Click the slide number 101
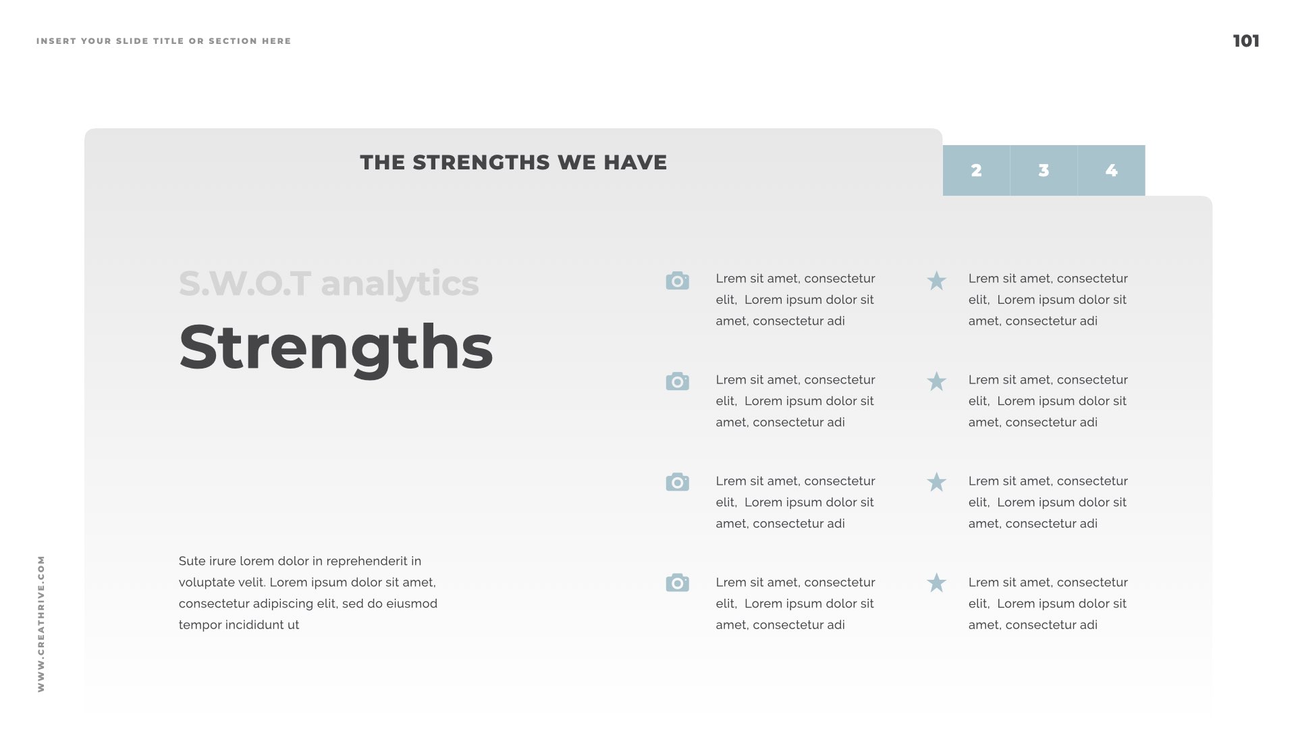pos(1246,41)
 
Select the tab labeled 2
pos(976,170)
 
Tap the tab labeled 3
pos(1044,170)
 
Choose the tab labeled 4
pos(1112,170)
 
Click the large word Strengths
pos(336,348)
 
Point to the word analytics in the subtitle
pos(400,284)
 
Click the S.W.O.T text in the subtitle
pos(245,283)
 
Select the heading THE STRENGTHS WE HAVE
pos(514,163)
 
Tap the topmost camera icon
pos(677,281)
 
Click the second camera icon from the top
pos(677,381)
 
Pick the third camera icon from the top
pos(677,482)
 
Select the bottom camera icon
pos(677,583)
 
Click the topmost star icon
pos(936,281)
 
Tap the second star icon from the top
pos(936,381)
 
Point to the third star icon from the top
pos(936,482)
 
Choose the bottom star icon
pos(936,583)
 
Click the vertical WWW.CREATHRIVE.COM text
pos(41,624)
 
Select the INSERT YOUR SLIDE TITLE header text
pos(164,41)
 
